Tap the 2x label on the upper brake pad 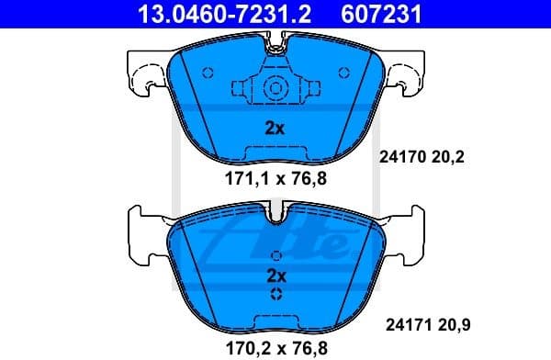tap(275, 129)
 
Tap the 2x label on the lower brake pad tap(276, 275)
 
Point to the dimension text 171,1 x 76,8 tap(275, 178)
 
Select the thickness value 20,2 tap(449, 157)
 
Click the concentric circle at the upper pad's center tap(275, 89)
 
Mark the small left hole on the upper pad tap(207, 73)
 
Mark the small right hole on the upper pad tap(343, 73)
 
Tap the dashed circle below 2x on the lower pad tap(276, 294)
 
